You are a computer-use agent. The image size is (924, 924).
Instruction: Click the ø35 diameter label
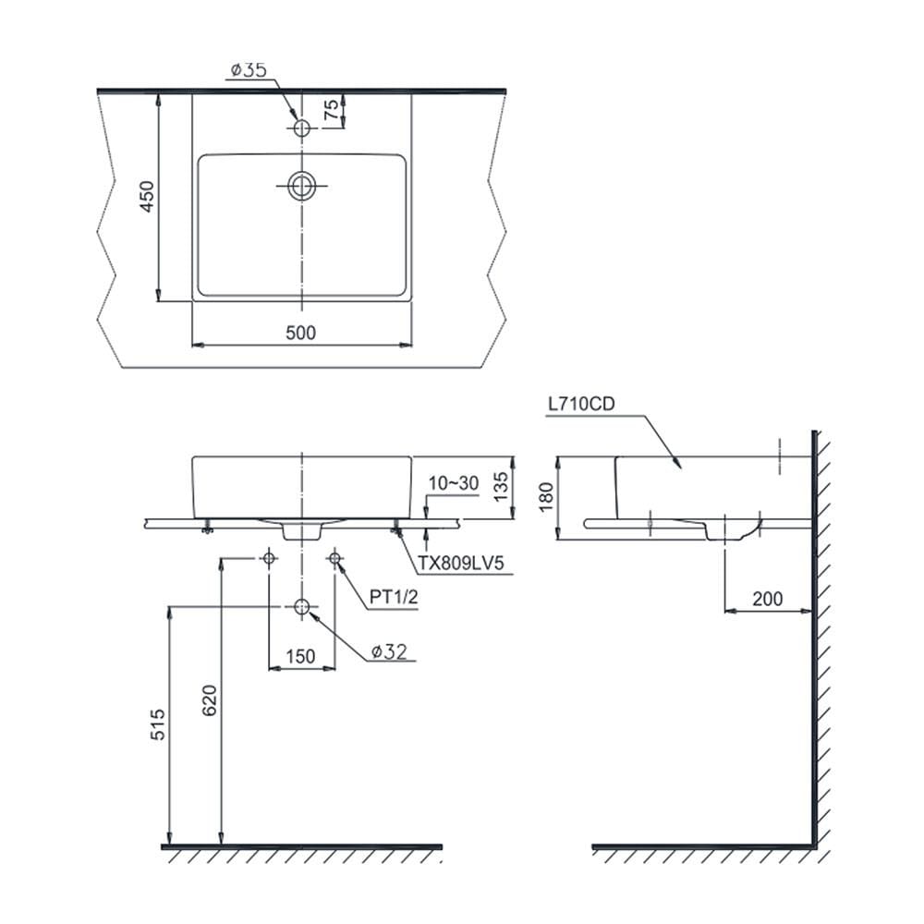tap(249, 69)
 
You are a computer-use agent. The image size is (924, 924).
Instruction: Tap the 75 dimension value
tap(332, 110)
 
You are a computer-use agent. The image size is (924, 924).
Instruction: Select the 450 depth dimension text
tap(146, 196)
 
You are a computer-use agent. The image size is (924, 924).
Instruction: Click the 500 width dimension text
tap(300, 333)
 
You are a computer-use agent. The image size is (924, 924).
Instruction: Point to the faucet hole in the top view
tap(302, 128)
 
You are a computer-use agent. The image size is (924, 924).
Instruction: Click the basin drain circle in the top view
tap(302, 186)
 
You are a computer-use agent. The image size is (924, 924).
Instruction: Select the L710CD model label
tap(581, 404)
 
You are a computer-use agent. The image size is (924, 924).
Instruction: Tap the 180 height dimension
tap(546, 496)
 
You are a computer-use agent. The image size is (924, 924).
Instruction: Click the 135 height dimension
tap(500, 487)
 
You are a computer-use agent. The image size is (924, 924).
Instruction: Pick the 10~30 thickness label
tap(453, 483)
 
